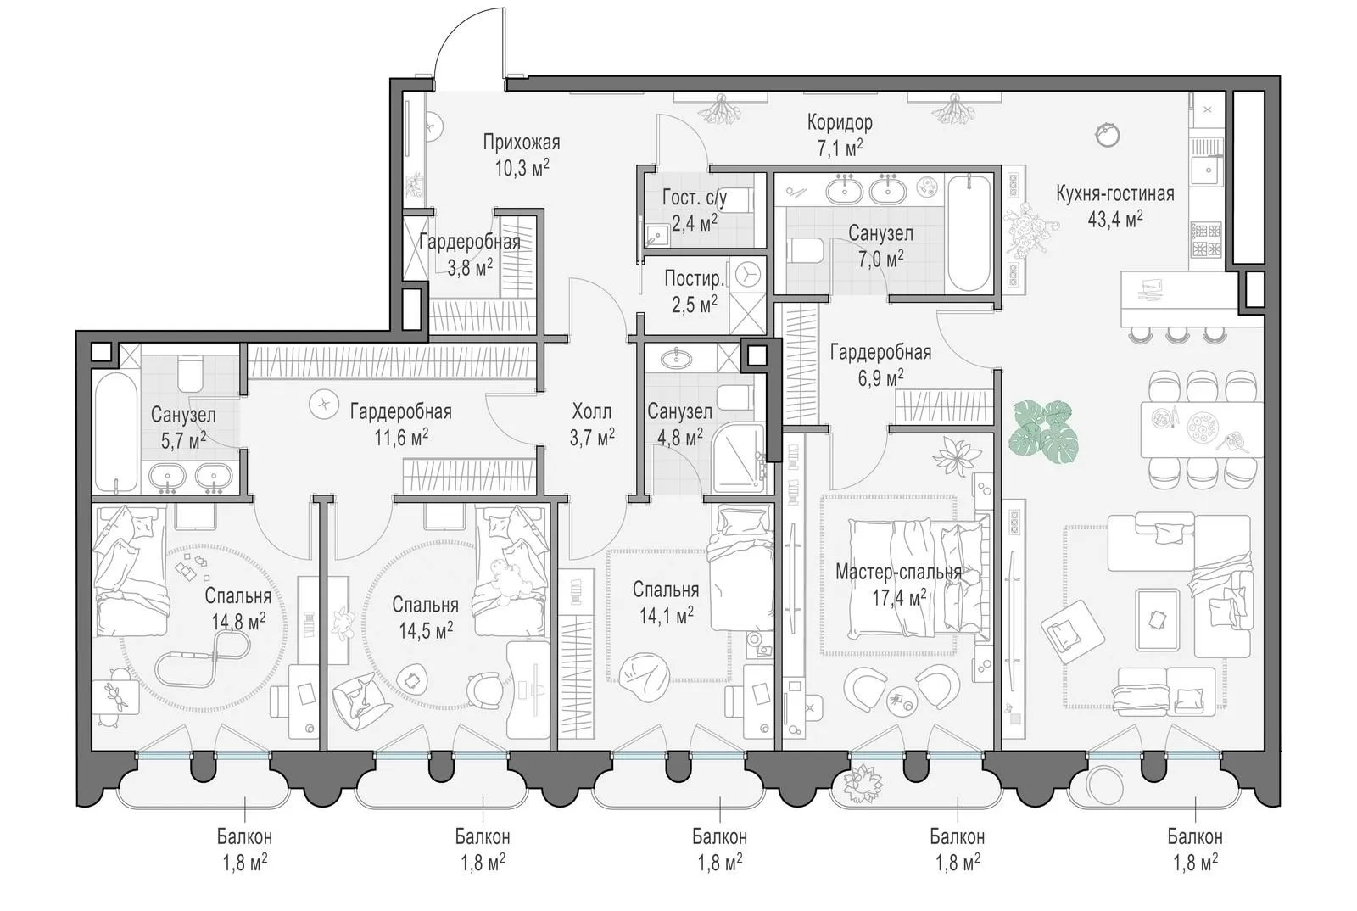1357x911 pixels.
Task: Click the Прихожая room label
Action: [521, 143]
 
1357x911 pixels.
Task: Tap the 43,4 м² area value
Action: [1114, 219]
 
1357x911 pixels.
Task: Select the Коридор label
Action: [840, 122]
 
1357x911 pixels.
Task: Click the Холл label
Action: [591, 412]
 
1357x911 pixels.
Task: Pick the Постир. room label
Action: [695, 278]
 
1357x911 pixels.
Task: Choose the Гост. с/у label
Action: [695, 198]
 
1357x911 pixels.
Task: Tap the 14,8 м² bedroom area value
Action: [238, 622]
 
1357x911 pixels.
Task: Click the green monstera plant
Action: [1043, 431]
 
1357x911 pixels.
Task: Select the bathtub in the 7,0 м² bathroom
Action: [969, 233]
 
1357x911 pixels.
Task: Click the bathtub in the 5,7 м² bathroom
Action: [115, 433]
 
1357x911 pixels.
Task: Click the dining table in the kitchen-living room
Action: [1201, 429]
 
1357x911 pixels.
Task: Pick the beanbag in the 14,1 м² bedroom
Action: [645, 677]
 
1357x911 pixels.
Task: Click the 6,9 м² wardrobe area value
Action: [880, 378]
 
